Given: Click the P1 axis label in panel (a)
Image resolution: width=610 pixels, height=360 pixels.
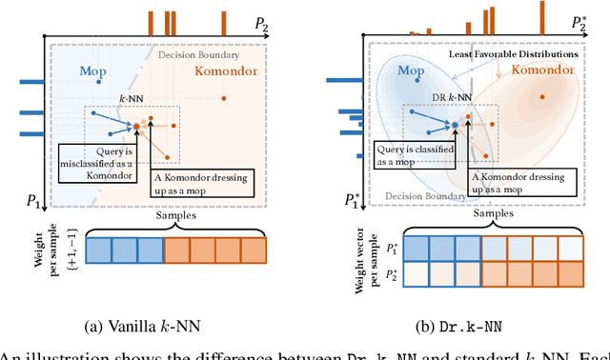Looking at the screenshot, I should (x=30, y=199).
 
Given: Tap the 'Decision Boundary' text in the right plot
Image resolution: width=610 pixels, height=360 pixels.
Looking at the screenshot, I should (x=430, y=198).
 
